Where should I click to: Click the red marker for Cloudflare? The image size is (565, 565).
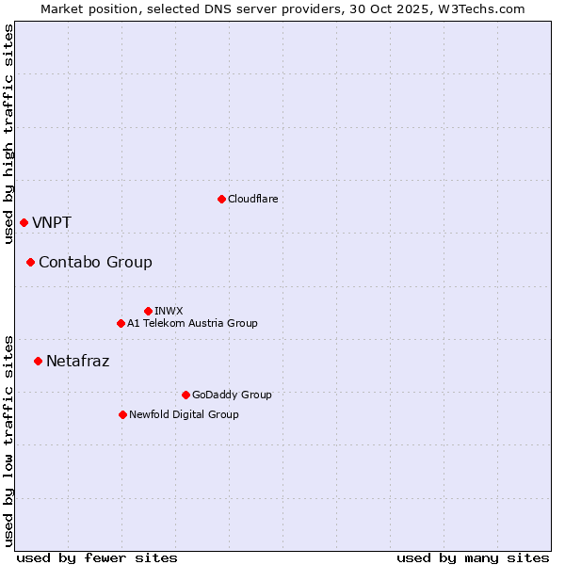point(221,199)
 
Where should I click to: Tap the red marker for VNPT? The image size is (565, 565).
point(24,222)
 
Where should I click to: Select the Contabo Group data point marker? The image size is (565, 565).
point(30,262)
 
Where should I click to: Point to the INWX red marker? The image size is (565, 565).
point(148,311)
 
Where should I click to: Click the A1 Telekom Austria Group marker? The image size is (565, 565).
point(121,323)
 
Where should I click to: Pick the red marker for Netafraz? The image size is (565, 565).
point(38,361)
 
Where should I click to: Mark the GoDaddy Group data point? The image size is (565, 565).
point(186,395)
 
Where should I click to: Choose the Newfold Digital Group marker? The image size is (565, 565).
point(122,414)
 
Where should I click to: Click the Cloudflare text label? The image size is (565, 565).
point(252,199)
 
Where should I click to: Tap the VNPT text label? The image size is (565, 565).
point(52,222)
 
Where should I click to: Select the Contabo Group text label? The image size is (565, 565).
point(95,262)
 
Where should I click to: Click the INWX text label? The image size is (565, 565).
point(169,311)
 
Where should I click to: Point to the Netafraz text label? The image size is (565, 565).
point(77,361)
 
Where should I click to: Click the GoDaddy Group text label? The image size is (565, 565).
point(232,395)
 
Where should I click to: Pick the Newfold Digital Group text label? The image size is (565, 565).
point(184,414)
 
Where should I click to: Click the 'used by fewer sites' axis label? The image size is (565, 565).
point(97,557)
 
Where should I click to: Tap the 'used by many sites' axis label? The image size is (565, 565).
point(473,557)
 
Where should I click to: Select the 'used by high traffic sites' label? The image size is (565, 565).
point(8,134)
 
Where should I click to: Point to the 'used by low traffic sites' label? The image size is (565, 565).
point(8,440)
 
